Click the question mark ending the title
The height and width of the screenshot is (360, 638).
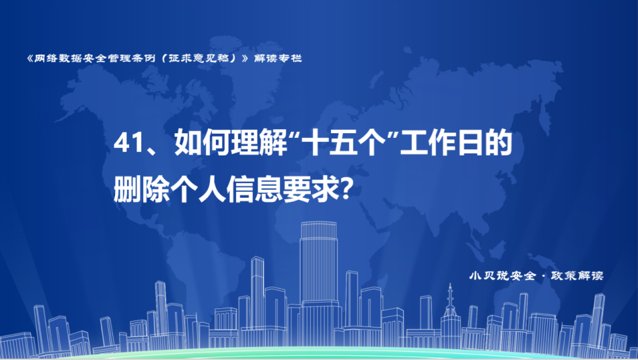pos(345,190)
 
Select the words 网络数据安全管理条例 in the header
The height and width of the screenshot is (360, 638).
pos(94,58)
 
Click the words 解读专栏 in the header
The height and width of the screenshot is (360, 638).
pos(278,58)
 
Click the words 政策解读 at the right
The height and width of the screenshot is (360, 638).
pos(577,275)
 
